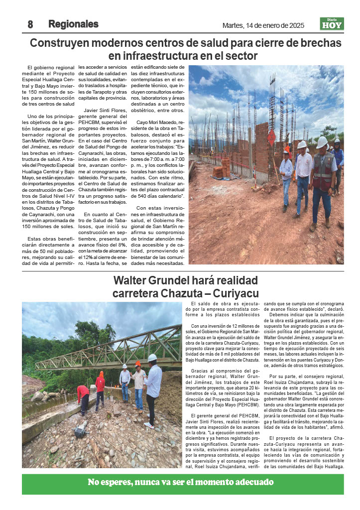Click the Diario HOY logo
point(332,24)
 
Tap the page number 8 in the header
point(30,24)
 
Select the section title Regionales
point(73,24)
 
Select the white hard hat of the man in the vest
point(322,142)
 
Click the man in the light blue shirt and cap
point(286,172)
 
